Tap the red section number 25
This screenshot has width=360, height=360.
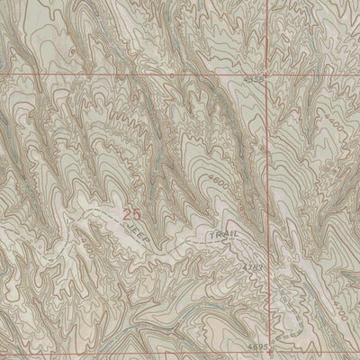tap(132, 214)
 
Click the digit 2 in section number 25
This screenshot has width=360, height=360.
tap(128, 214)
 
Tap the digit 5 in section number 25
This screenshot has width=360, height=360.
tap(137, 214)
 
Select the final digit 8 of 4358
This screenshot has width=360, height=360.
tap(263, 81)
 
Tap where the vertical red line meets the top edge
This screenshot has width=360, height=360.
tap(269, 0)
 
